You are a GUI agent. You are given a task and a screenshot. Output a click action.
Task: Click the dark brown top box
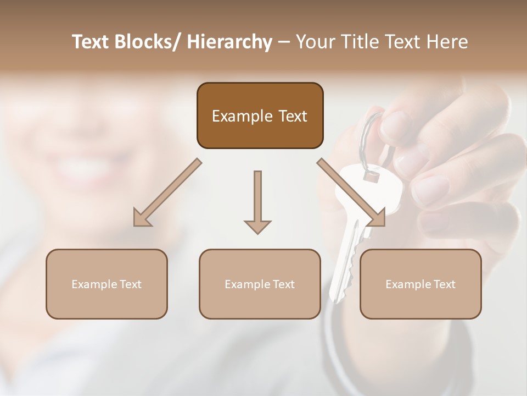(260, 116)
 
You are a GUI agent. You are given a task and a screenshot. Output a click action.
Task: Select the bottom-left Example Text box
(106, 284)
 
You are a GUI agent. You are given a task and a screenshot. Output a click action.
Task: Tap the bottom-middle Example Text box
(260, 284)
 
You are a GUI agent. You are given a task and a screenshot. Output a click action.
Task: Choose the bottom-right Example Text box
(421, 284)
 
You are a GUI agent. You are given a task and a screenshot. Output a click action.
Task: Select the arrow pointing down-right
(351, 193)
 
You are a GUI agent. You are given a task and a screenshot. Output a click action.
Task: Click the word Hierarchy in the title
(229, 42)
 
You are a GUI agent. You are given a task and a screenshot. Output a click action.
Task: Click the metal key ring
(365, 137)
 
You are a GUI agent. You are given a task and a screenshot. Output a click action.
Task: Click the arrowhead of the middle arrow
(257, 226)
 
